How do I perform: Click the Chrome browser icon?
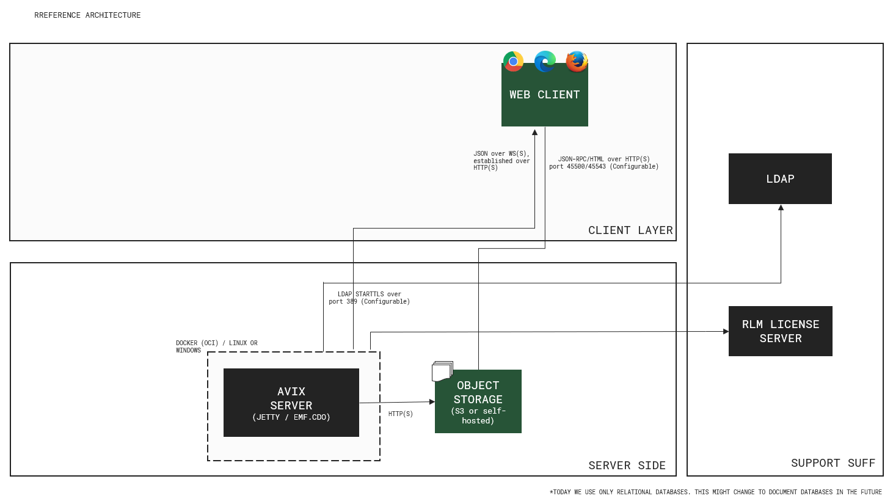513,61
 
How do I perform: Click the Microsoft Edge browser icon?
545,61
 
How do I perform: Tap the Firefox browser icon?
577,61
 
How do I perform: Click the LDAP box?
780,178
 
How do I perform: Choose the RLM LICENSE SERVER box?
780,331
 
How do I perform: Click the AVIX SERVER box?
291,403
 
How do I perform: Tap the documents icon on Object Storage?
442,371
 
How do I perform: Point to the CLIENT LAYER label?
630,230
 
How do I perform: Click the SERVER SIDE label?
627,466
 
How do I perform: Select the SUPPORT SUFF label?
833,463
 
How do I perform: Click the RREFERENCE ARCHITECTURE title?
87,15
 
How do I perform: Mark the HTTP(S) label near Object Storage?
401,414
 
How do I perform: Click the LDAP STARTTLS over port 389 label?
369,298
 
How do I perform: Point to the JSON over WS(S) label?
501,161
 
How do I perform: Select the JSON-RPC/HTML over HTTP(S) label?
603,163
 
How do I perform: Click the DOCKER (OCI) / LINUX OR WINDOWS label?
216,346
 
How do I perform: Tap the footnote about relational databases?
715,492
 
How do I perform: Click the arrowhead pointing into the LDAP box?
781,208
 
